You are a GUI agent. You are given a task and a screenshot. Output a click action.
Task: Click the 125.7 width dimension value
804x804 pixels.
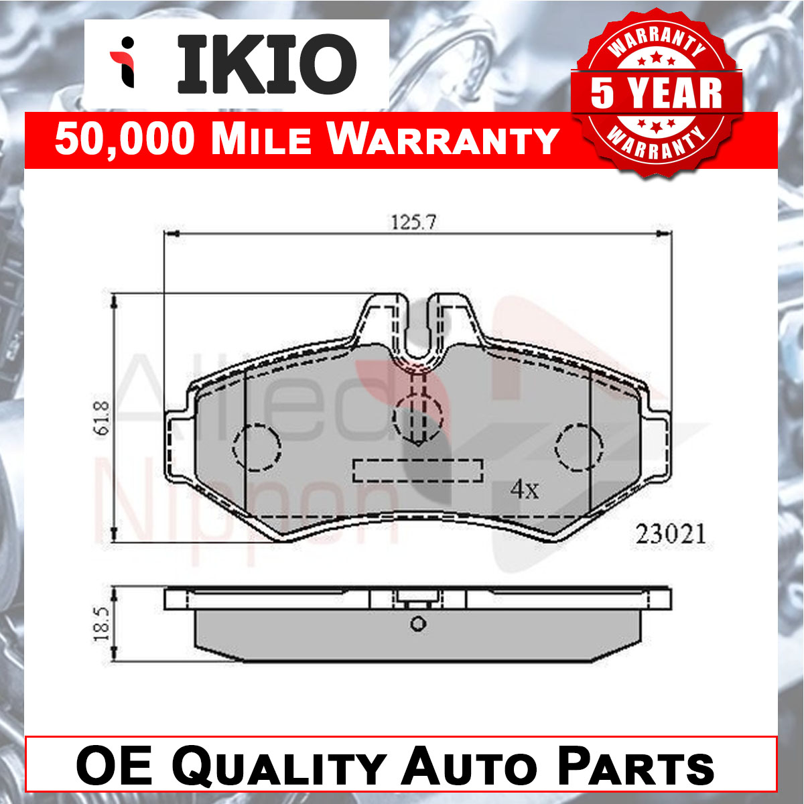pos(413,222)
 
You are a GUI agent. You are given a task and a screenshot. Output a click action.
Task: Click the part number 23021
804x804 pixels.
pos(671,534)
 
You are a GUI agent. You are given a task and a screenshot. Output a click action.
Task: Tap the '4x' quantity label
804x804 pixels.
pos(525,489)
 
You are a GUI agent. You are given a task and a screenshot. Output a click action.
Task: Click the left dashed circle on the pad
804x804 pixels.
pos(257,448)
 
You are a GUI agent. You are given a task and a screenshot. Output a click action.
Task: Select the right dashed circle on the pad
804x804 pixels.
pos(579,448)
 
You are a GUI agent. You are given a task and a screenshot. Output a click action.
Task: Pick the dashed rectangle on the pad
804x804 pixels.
pos(418,470)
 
